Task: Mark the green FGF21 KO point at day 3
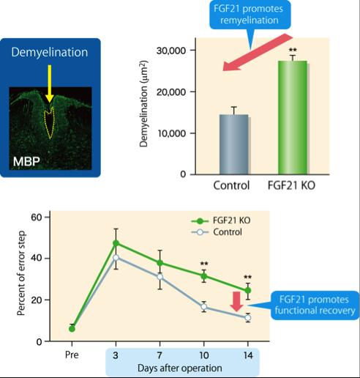click(x=116, y=242)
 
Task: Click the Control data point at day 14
click(x=247, y=318)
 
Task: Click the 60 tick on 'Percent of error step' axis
click(x=34, y=217)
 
